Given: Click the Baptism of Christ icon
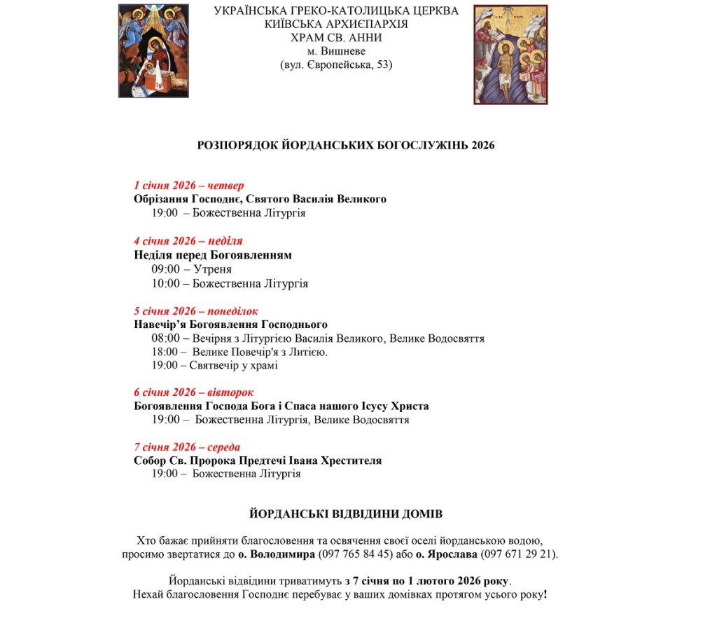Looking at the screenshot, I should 510,55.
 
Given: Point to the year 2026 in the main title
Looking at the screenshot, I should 483,145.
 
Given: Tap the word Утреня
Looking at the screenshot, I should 212,269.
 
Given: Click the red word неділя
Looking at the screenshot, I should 225,241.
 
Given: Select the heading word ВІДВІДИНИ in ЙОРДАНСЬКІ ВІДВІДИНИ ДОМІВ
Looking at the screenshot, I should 352,514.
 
